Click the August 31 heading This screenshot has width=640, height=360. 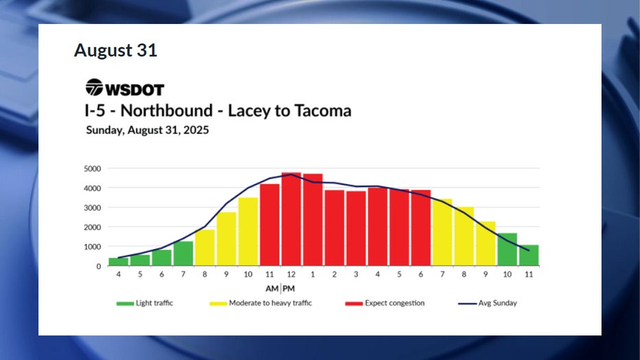pos(115,50)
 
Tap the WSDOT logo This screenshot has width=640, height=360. pos(124,88)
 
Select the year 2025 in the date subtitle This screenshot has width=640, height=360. pos(195,129)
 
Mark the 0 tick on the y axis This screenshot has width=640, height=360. pos(98,266)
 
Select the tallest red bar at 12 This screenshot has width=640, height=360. pos(291,219)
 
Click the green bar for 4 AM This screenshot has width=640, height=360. pos(119,262)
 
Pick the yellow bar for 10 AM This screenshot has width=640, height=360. pos(248,232)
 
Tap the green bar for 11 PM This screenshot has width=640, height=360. pos(529,255)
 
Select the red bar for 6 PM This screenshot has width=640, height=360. pos(421,227)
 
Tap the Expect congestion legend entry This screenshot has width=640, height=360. pos(387,302)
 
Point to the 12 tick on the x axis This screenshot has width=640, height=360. pos(291,274)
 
